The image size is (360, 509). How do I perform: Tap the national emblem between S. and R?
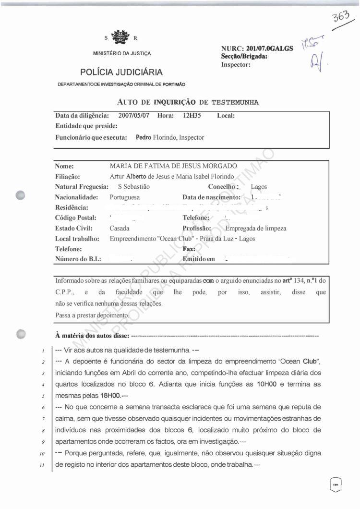click(120, 36)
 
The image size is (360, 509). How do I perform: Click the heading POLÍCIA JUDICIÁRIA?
click(121, 73)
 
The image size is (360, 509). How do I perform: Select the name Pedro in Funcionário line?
click(144, 137)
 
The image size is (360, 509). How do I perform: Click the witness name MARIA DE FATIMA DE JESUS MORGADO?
click(173, 166)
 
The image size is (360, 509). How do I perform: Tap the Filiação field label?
click(67, 176)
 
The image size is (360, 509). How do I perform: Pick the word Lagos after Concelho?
click(259, 187)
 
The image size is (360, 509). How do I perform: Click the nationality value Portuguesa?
click(127, 197)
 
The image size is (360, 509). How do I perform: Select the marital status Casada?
click(120, 229)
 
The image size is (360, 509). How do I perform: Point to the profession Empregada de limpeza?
click(256, 229)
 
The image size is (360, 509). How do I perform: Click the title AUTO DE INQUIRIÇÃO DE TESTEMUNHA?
click(188, 102)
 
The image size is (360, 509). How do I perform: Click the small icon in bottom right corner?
click(336, 484)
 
